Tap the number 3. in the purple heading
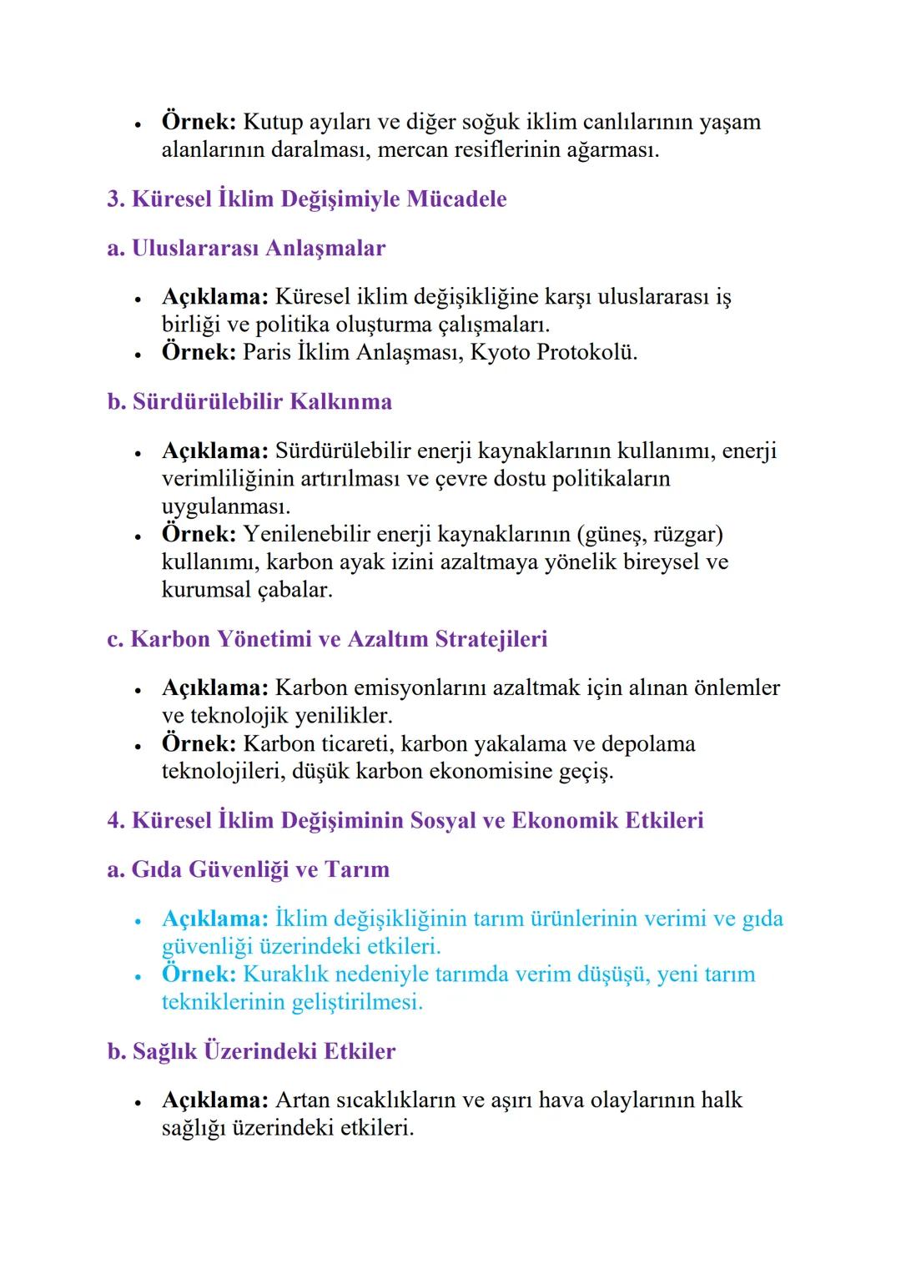click(116, 199)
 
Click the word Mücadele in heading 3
click(456, 199)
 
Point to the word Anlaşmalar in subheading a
click(325, 249)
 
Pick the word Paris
click(267, 352)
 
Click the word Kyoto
click(500, 352)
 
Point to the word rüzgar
click(683, 534)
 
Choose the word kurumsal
click(200, 590)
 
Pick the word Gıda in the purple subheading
click(157, 869)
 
